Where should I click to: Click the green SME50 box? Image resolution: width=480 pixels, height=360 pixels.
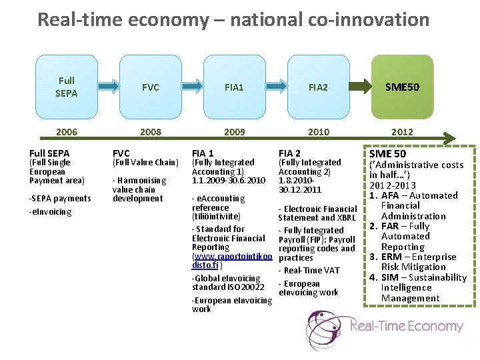point(402,87)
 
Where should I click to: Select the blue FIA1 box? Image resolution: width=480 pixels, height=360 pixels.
point(235,87)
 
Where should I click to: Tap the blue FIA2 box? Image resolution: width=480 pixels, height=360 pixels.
point(319,87)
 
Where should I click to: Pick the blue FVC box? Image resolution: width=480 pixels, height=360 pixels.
point(151,87)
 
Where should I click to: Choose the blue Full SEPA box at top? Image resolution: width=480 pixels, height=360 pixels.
point(66,87)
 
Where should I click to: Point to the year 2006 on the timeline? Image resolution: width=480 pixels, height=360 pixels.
point(66,132)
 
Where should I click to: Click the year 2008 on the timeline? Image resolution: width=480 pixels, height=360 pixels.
point(151,132)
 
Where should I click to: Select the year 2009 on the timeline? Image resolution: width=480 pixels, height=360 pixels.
point(235,132)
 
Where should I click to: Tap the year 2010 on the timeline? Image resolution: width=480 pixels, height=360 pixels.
point(319,132)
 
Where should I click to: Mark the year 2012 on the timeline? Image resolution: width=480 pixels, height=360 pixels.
point(402,132)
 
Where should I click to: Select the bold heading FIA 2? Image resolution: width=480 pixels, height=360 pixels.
point(289,153)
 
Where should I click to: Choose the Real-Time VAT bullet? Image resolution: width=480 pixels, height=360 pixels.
point(311,270)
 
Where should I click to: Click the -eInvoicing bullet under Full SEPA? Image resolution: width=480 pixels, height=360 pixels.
point(50,212)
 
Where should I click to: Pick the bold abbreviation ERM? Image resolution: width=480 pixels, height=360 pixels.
point(391,257)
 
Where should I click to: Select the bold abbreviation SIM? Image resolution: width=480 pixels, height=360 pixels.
point(391,277)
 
